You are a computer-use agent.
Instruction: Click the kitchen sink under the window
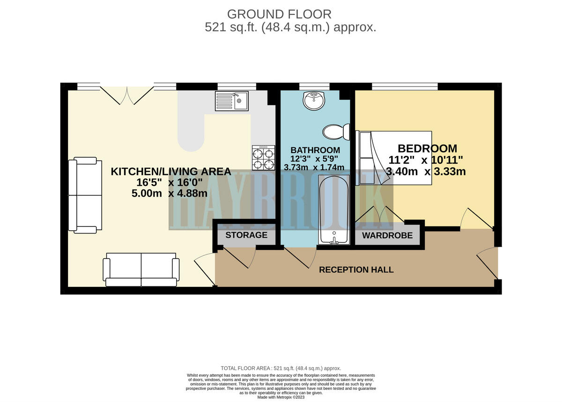[232, 101]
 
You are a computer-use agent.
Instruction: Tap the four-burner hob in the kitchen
[263, 158]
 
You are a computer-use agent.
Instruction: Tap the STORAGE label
[246, 235]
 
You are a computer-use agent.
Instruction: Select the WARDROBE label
[387, 235]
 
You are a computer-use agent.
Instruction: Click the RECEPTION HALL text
[356, 270]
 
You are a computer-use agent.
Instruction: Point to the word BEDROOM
[428, 149]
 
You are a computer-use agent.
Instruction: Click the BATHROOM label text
[315, 150]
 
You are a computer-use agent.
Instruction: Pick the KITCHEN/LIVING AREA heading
[171, 172]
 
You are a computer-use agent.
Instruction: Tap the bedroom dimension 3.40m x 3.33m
[426, 172]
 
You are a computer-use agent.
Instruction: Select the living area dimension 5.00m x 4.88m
[170, 192]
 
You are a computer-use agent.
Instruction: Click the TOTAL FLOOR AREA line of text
[281, 369]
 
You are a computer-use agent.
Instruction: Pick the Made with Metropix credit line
[281, 397]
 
